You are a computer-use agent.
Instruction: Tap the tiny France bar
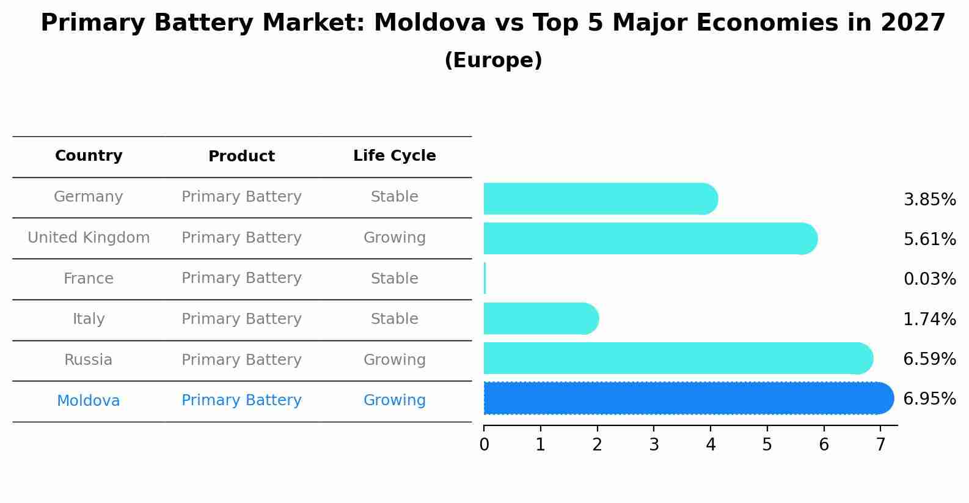click(x=485, y=278)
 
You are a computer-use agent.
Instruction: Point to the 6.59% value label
click(x=929, y=359)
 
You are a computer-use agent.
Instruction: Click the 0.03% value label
click(x=929, y=279)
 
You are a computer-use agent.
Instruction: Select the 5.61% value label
click(x=929, y=239)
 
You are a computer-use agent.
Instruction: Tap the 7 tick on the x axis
click(x=880, y=445)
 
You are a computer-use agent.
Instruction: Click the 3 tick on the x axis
click(x=654, y=445)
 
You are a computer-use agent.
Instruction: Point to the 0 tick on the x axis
click(x=484, y=445)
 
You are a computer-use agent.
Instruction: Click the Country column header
click(x=89, y=156)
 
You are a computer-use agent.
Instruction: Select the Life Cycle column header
click(x=394, y=156)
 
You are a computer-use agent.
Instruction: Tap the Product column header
click(x=241, y=156)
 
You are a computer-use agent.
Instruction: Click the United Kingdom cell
click(x=89, y=238)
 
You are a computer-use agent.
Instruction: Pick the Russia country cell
click(x=89, y=360)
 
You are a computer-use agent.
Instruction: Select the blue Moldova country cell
click(x=89, y=401)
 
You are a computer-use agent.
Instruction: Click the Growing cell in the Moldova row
click(x=394, y=400)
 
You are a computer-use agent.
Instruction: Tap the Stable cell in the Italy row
click(x=394, y=319)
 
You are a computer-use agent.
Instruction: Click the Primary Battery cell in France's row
click(x=241, y=278)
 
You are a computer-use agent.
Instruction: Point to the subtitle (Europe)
click(x=493, y=61)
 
